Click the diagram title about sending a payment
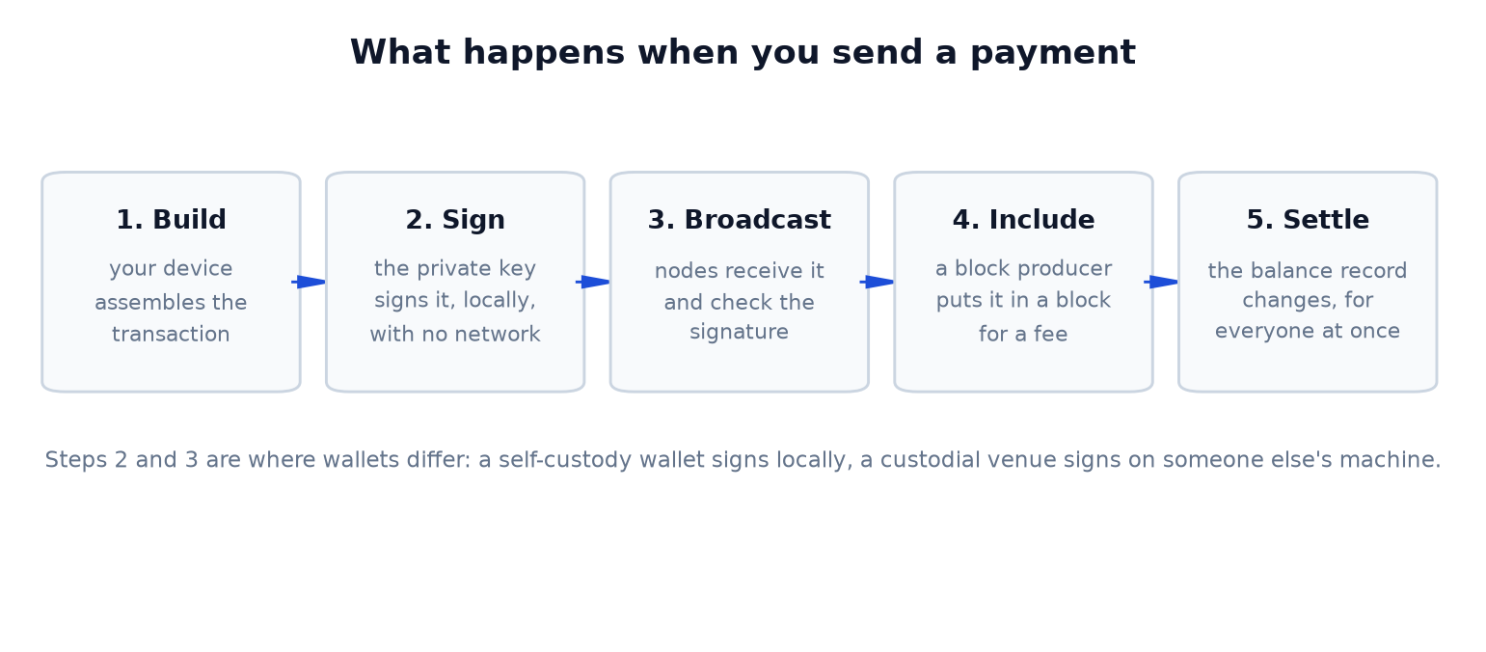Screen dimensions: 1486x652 point(743,53)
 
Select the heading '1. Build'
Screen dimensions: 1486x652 point(171,220)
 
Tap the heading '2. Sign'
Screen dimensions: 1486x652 point(455,220)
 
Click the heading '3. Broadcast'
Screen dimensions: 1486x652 point(739,220)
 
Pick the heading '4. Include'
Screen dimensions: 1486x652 point(1024,220)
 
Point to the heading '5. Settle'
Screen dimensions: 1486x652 point(1308,220)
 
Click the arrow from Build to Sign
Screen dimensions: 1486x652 point(309,282)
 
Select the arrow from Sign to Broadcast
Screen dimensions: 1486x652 point(592,282)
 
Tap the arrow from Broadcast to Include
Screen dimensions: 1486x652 point(877,282)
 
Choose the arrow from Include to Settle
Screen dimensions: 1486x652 point(1161,282)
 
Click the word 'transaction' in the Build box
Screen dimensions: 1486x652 point(171,334)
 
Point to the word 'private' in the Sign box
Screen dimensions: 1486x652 point(454,269)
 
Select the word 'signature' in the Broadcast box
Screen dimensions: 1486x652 point(739,332)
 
